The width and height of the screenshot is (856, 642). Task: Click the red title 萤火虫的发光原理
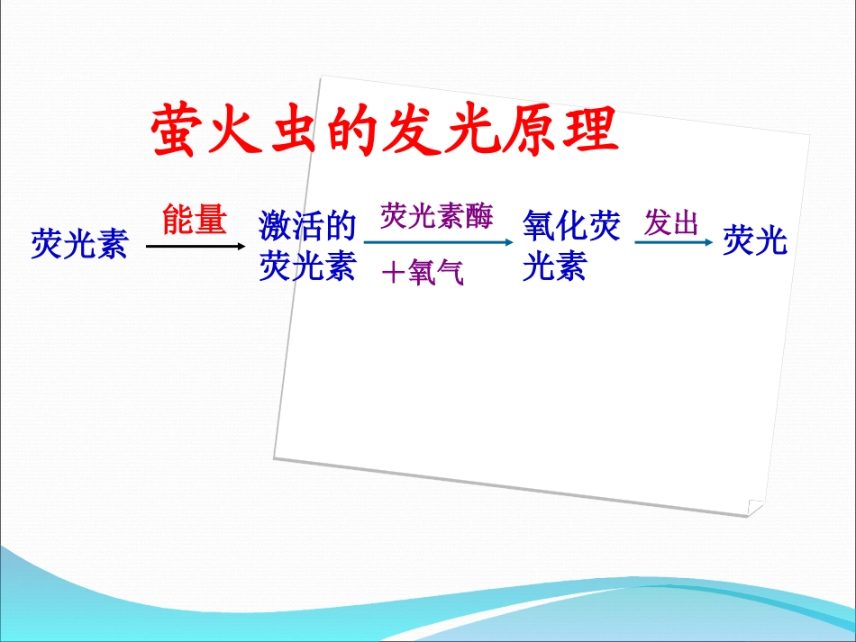click(x=385, y=131)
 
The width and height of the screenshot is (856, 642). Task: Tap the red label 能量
click(x=194, y=220)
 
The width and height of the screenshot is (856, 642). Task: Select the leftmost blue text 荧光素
click(x=79, y=243)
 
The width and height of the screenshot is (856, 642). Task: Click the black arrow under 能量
click(x=195, y=245)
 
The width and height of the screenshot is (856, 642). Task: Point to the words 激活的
click(x=307, y=224)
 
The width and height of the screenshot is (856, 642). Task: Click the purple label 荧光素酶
click(x=436, y=217)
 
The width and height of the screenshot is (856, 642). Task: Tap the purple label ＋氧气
click(x=423, y=272)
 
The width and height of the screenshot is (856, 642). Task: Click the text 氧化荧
click(x=571, y=226)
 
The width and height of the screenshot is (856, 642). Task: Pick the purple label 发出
click(x=671, y=223)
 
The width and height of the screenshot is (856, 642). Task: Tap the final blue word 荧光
click(x=755, y=240)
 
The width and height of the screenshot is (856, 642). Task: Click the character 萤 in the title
click(x=178, y=131)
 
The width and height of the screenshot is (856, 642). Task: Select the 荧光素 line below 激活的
click(x=307, y=267)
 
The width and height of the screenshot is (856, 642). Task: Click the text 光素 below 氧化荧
click(x=554, y=267)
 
